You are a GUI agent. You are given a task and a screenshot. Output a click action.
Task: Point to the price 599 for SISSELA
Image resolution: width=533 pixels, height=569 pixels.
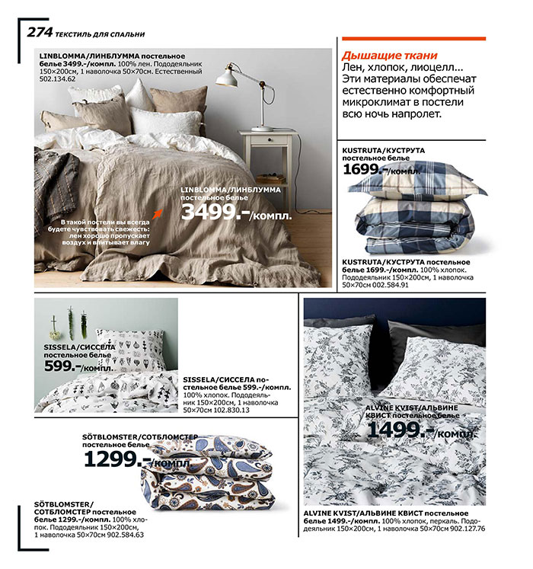point(61,366)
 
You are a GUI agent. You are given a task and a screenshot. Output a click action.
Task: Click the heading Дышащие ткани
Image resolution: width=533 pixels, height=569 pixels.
point(389,55)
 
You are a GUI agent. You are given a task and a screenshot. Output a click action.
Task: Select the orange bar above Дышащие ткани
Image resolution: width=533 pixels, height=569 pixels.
point(413,37)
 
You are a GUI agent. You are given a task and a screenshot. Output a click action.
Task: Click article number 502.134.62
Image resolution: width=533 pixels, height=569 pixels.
point(58,78)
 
